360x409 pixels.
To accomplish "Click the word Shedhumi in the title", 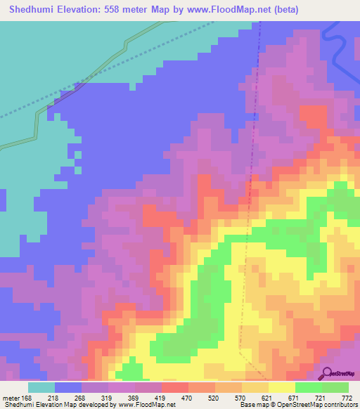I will [27, 10].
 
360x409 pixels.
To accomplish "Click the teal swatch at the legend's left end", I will [41, 387].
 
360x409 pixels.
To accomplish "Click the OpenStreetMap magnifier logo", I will [328, 373].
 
